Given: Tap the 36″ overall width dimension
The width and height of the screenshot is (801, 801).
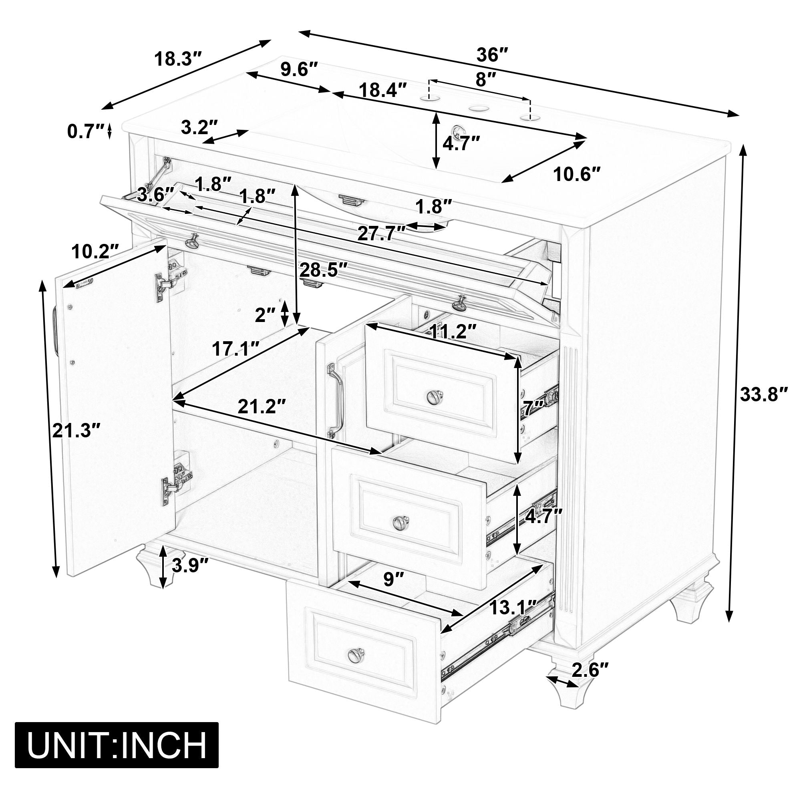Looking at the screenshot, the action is click(492, 55).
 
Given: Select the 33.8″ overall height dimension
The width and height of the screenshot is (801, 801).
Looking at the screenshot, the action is click(764, 394).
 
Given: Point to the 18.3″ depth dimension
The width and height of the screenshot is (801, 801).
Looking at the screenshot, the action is click(178, 59).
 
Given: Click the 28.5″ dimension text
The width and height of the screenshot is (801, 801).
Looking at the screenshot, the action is click(323, 270).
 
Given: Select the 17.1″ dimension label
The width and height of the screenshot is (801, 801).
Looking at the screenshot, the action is click(236, 349).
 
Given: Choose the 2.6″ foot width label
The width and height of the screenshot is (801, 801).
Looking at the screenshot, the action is click(590, 669).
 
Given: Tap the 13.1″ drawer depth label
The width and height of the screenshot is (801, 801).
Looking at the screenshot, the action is click(513, 608).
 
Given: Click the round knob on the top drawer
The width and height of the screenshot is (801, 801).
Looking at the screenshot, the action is click(434, 397).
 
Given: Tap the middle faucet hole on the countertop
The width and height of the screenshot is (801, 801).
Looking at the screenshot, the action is click(478, 109).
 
